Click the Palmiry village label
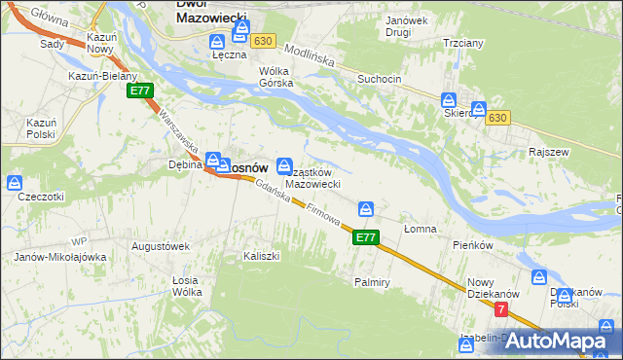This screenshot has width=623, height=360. (372, 282)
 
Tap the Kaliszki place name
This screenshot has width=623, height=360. (261, 256)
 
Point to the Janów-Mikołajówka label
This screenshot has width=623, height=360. (59, 257)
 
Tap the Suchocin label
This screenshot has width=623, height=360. (379, 77)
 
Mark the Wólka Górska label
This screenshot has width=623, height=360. (275, 77)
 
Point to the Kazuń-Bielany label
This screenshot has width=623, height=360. (102, 76)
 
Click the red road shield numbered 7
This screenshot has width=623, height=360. (501, 309)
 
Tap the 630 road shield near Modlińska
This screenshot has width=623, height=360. (261, 42)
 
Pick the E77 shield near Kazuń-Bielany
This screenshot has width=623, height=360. (139, 90)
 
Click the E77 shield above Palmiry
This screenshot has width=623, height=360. (365, 236)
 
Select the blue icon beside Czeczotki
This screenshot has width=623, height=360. (15, 182)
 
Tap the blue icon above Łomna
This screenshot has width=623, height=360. (366, 209)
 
